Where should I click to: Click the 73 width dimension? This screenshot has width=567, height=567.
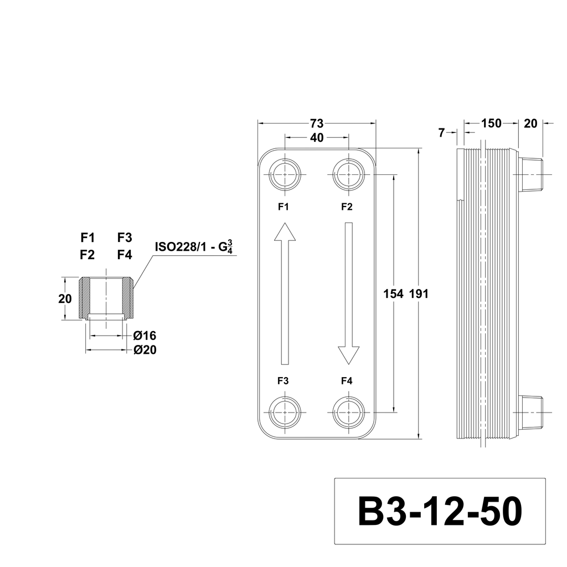click(317, 123)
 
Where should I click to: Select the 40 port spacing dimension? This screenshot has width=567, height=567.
click(317, 138)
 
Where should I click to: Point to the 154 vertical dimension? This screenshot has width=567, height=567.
click(393, 294)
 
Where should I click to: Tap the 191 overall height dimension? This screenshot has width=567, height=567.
click(419, 294)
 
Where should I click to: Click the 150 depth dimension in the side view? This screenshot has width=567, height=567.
click(491, 123)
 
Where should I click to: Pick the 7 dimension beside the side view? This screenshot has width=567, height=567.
click(441, 133)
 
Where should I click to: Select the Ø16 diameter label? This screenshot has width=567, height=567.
click(145, 336)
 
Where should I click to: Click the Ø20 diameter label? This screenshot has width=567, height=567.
click(145, 350)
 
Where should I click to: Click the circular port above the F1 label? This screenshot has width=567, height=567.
click(285, 174)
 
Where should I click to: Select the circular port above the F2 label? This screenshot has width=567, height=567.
click(348, 174)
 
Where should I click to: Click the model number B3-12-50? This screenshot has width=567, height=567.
click(440, 512)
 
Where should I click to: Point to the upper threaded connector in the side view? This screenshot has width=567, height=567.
click(530, 174)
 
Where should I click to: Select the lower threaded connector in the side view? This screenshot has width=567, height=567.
click(530, 413)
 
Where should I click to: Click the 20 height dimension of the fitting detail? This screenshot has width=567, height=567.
click(65, 299)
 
